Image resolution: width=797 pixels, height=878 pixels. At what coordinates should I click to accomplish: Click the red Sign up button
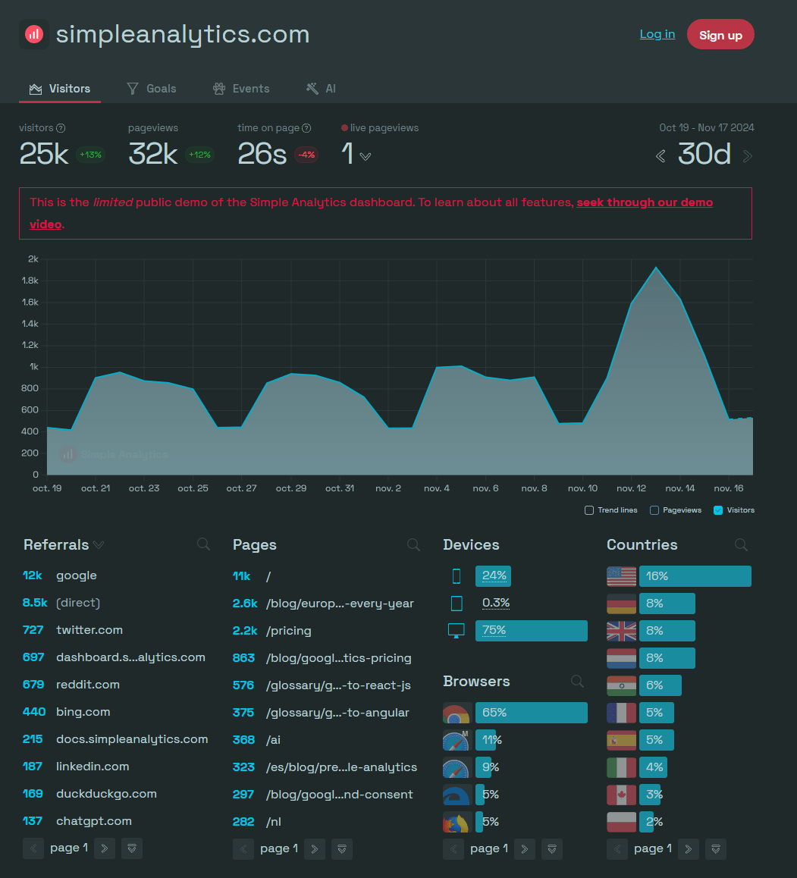click(720, 35)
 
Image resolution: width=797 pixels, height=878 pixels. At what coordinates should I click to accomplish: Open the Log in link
click(657, 34)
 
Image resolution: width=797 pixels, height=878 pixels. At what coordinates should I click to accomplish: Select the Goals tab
click(152, 89)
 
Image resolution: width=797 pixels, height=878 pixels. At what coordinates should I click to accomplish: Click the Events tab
click(241, 89)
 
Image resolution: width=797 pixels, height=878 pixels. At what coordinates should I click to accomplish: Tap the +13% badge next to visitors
click(90, 155)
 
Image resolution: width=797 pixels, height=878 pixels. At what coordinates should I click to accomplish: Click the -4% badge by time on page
click(306, 155)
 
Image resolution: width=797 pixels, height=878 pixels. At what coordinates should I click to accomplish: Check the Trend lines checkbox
click(589, 510)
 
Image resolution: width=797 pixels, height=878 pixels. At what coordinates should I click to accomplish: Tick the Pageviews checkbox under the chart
click(654, 510)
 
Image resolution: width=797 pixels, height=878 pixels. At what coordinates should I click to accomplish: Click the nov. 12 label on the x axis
click(631, 488)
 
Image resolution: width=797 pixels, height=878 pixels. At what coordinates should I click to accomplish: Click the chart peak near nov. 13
click(656, 268)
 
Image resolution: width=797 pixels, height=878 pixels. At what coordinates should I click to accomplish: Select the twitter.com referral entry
click(89, 630)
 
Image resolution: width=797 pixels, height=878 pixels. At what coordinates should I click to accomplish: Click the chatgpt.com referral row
click(93, 821)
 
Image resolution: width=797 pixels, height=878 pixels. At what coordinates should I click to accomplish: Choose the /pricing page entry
click(289, 631)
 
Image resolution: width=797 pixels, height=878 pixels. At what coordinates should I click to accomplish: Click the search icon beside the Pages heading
click(413, 544)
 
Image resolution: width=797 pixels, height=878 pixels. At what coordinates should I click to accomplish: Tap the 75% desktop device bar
click(531, 631)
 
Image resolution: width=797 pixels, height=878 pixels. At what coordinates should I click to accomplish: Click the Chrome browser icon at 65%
click(457, 713)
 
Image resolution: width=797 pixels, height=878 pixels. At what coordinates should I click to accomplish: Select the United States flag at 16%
click(621, 576)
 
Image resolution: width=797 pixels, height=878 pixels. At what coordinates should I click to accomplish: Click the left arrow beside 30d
click(661, 156)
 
